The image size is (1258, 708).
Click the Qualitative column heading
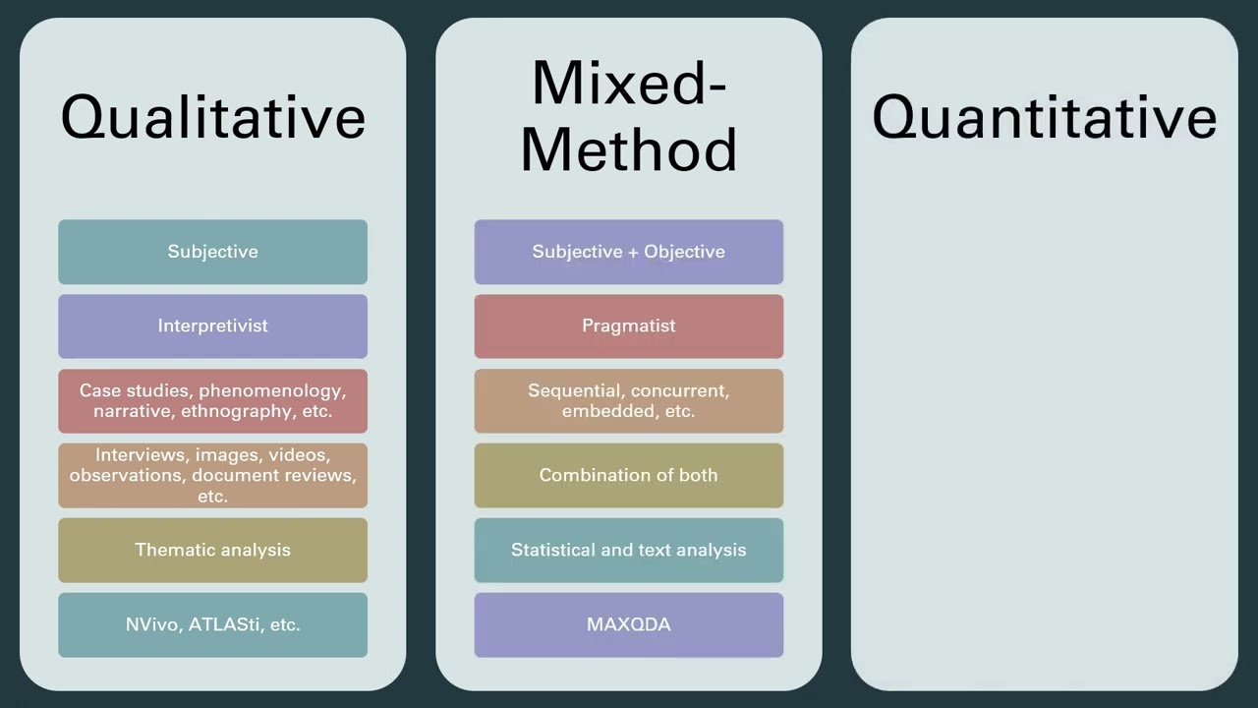pyautogui.click(x=212, y=117)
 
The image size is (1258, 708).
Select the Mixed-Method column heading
pyautogui.click(x=628, y=116)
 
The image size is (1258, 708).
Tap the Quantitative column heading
pyautogui.click(x=1044, y=117)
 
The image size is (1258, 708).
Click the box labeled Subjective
pyautogui.click(x=212, y=252)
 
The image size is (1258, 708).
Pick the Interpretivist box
pyautogui.click(x=212, y=325)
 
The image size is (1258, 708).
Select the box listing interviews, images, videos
pyautogui.click(x=212, y=475)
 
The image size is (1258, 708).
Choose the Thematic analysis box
pyautogui.click(x=212, y=550)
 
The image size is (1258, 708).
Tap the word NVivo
pyautogui.click(x=152, y=624)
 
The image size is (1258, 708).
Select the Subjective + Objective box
pyautogui.click(x=628, y=252)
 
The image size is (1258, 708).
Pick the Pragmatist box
pyautogui.click(x=628, y=325)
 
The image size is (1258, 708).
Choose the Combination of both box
pyautogui.click(x=628, y=475)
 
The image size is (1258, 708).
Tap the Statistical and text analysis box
pyautogui.click(x=628, y=550)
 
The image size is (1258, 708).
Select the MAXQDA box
pyautogui.click(x=628, y=624)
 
